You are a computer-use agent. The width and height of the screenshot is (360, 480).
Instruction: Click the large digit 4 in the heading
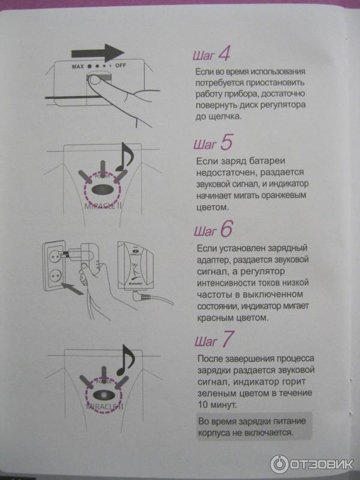point(224,54)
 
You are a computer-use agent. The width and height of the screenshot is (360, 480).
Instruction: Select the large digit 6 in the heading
point(227,229)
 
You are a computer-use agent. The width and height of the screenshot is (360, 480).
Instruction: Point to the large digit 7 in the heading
point(228,339)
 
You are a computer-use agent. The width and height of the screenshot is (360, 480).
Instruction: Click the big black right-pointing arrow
point(98,53)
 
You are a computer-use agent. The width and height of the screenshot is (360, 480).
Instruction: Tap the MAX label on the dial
point(78,66)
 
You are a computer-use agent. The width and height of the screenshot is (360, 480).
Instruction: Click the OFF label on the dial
point(121,65)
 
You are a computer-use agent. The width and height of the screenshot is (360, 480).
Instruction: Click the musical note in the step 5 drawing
point(124,157)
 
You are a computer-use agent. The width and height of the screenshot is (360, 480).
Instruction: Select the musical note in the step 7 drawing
point(125,360)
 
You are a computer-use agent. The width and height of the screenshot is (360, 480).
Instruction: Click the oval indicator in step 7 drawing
point(104,395)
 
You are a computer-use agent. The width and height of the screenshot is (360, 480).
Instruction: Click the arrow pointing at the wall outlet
point(72,289)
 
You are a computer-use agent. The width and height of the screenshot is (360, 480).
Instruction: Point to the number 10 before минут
point(203,404)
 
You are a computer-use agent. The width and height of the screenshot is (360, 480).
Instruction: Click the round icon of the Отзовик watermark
point(278,464)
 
